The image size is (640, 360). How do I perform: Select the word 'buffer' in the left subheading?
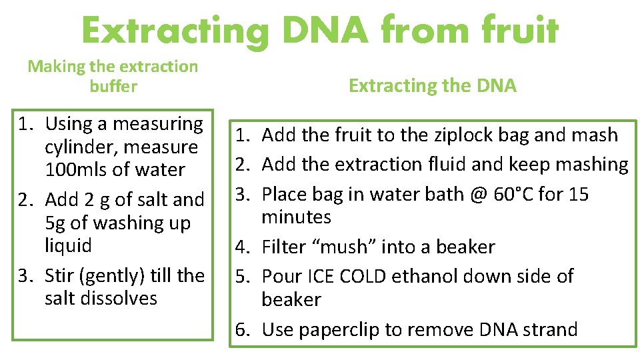(113, 86)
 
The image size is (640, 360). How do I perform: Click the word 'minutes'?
(296, 217)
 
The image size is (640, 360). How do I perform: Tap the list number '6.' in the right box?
(244, 329)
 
